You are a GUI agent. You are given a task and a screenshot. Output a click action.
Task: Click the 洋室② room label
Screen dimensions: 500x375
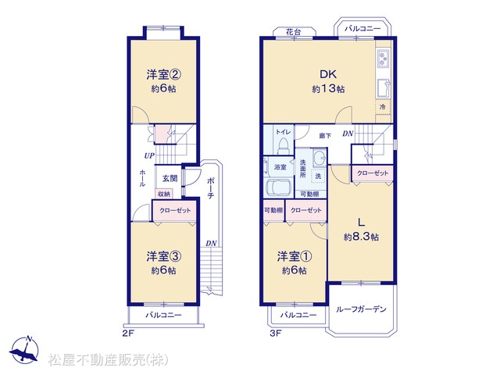click(x=164, y=75)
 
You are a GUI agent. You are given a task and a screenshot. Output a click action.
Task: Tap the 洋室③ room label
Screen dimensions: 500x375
click(x=164, y=256)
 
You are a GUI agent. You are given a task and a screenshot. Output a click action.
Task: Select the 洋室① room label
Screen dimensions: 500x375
click(x=295, y=256)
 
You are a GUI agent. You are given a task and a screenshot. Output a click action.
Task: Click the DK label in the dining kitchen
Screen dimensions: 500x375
click(x=328, y=74)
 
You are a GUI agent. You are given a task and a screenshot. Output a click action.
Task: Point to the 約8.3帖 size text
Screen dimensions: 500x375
click(x=361, y=237)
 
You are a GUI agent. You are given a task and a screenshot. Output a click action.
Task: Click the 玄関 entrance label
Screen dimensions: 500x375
click(x=170, y=178)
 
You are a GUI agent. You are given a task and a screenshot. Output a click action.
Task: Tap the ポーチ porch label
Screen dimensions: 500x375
click(x=210, y=187)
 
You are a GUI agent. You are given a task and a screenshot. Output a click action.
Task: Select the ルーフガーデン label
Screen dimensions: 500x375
click(x=361, y=309)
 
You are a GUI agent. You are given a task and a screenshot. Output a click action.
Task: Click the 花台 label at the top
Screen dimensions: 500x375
click(x=293, y=32)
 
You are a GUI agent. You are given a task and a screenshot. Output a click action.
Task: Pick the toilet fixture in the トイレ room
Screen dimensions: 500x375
click(x=283, y=146)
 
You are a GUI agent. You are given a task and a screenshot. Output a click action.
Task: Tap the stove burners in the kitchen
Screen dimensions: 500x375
click(x=384, y=59)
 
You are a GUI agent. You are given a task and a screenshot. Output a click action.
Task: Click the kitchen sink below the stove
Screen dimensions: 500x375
click(x=384, y=88)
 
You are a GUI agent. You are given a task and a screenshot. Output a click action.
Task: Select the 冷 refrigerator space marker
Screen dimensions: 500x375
click(x=383, y=107)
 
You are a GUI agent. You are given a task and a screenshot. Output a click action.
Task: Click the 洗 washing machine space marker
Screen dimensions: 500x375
click(x=318, y=176)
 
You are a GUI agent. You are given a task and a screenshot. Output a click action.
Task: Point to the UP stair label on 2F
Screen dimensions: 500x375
click(x=149, y=155)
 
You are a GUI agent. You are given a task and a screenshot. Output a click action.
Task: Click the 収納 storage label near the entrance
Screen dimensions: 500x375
click(x=164, y=194)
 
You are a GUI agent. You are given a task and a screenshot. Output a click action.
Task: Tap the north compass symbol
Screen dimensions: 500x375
click(x=24, y=350)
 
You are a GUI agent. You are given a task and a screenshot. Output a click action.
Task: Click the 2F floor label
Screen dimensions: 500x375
click(x=128, y=334)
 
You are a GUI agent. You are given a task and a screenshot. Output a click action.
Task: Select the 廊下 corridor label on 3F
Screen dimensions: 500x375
click(x=325, y=136)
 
